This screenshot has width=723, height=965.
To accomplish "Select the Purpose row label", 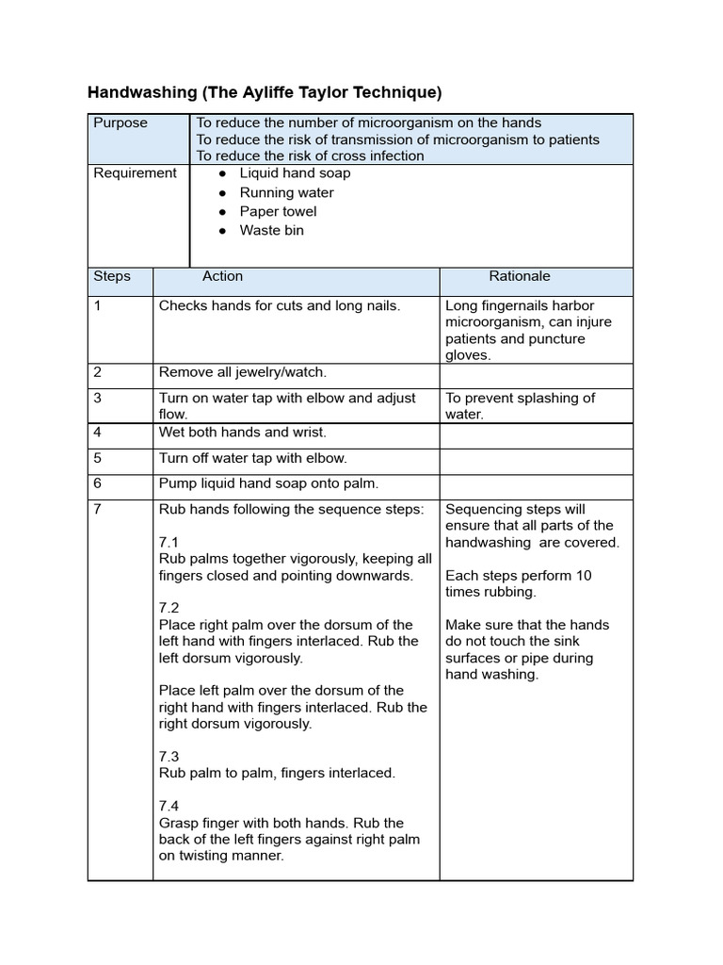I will click(120, 123).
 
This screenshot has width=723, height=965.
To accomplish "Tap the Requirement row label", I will click(135, 172).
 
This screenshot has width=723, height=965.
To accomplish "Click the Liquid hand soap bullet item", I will click(295, 172).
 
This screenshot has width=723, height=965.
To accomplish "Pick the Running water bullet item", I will click(286, 192).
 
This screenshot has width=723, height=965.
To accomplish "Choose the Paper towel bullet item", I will click(278, 211).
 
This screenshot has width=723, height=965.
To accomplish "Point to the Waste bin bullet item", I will click(271, 230).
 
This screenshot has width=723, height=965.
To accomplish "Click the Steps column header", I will click(112, 276).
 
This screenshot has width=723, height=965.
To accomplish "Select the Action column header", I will click(222, 276).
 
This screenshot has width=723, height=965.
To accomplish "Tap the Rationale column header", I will click(519, 276).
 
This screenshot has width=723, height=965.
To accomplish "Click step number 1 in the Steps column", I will click(97, 305).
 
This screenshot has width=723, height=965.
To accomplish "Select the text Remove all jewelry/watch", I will click(243, 372).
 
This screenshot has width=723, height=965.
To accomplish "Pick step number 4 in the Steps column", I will click(98, 432).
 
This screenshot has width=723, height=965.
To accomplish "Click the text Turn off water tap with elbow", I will click(253, 458).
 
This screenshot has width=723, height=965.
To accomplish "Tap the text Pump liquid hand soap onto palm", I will click(268, 483).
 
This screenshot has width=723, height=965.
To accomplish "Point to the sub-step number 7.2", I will click(169, 608).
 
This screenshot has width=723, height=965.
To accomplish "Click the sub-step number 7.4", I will click(169, 806).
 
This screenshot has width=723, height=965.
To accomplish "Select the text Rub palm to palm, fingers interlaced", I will click(277, 773).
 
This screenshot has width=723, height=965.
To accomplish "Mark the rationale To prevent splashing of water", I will click(520, 405).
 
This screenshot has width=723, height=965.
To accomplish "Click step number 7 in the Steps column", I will click(98, 509).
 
